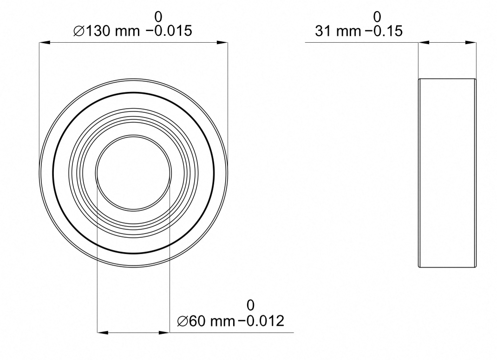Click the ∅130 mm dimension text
(x=106, y=31)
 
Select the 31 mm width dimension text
(x=338, y=31)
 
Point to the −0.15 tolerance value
(x=384, y=31)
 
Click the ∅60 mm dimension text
(x=206, y=321)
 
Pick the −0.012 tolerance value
(x=261, y=321)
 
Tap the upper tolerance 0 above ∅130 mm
(x=158, y=17)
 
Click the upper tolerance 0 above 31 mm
(x=377, y=17)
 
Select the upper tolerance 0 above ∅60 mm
(x=250, y=305)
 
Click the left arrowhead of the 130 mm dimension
(x=45, y=42)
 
